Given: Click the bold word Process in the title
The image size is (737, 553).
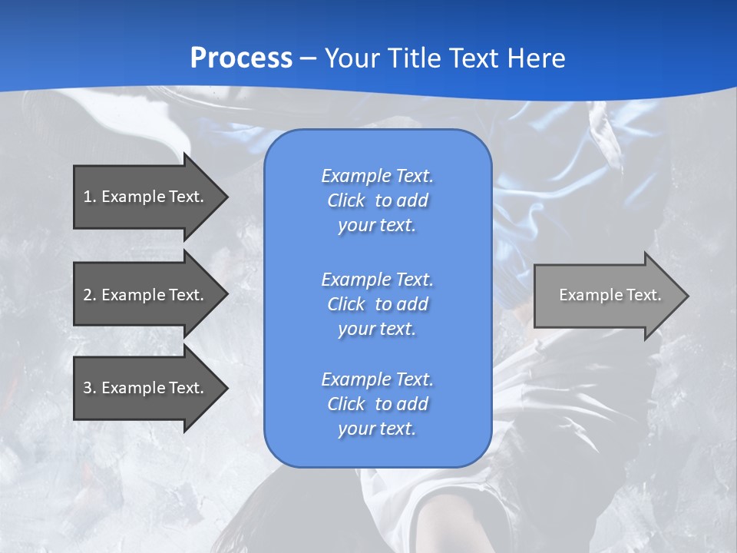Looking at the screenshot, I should (x=241, y=58).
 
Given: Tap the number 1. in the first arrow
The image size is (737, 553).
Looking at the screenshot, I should (x=90, y=197).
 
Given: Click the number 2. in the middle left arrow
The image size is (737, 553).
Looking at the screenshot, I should (x=90, y=295).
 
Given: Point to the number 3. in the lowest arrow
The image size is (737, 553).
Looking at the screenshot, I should (x=90, y=388).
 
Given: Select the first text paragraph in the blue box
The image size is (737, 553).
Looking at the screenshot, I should (x=377, y=200).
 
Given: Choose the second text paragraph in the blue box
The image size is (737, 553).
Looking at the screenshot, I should (x=377, y=303).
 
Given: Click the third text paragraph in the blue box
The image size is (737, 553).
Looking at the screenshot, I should (x=377, y=404).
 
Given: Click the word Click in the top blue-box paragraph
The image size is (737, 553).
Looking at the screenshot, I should (x=345, y=200).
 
